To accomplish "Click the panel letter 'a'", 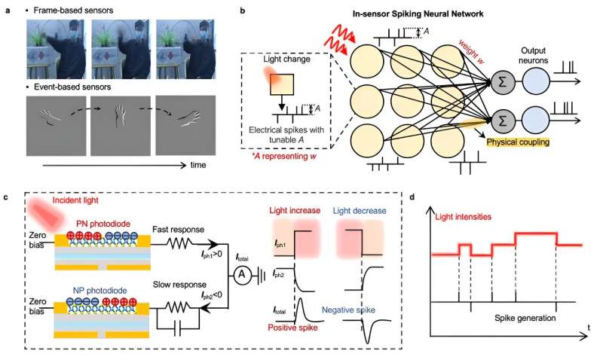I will pos(7,6).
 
